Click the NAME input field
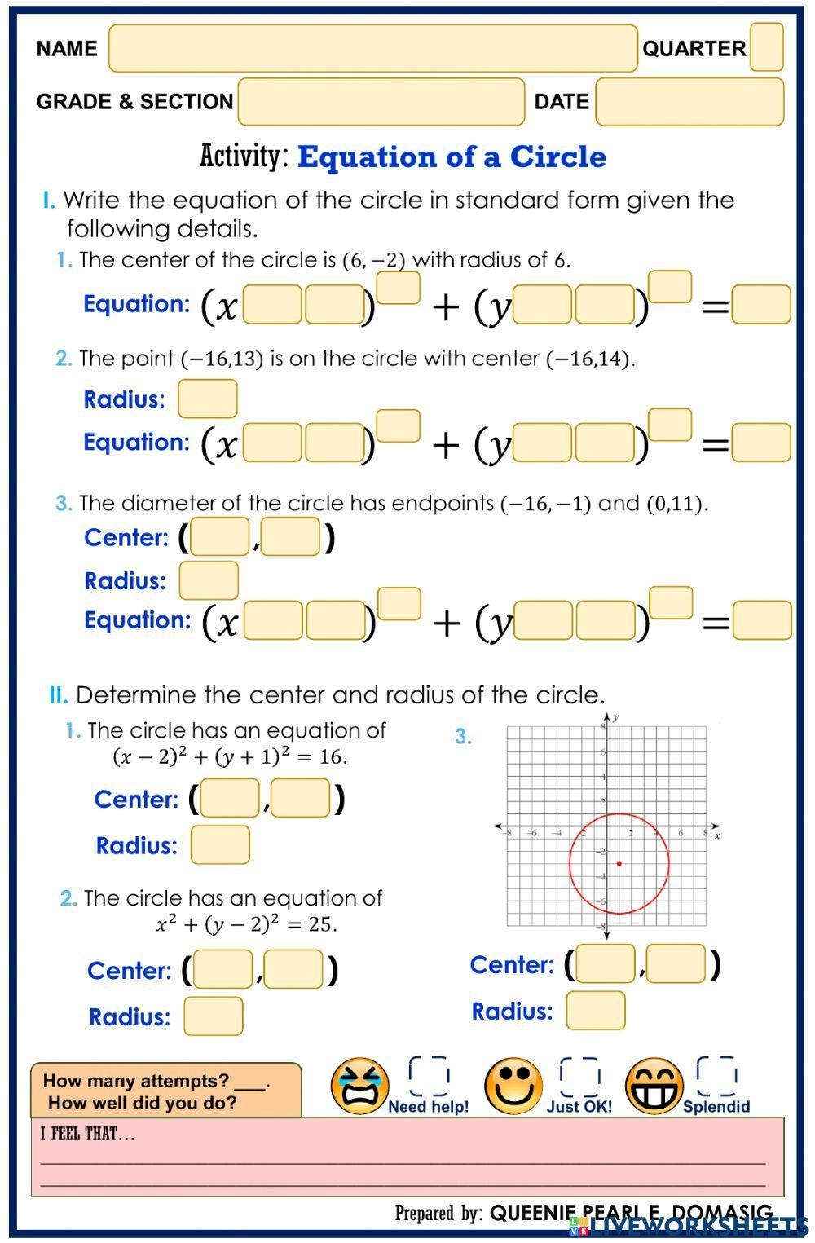pos(372,48)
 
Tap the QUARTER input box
pos(766,47)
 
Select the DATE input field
pos(689,101)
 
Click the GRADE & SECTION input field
pos(381,101)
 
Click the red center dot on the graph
pos(619,863)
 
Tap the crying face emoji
pos(359,1087)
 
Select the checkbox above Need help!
pos(429,1076)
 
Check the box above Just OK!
pos(579,1076)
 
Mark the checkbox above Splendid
pos(716,1076)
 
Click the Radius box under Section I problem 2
pos(208,399)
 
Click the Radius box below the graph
pos(596,1011)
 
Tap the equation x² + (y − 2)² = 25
pos(246,923)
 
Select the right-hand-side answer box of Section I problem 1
pos(761,305)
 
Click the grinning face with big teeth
pos(654,1087)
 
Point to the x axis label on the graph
pos(717,836)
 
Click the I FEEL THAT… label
pos(87,1134)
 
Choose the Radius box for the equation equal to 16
pos(220,844)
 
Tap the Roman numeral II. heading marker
pos(58,695)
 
